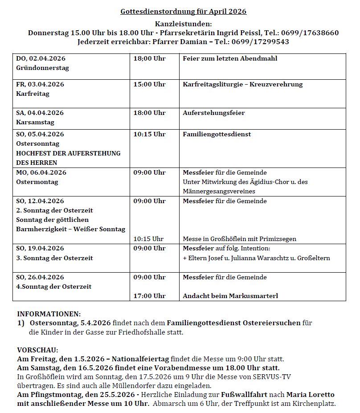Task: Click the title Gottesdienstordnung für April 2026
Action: (x=183, y=12)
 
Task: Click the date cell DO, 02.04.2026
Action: (x=41, y=59)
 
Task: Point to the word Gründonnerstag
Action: (x=42, y=68)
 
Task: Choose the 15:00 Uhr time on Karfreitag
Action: (x=149, y=84)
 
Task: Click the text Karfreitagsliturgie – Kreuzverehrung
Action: (x=242, y=84)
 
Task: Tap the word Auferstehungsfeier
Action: (x=213, y=113)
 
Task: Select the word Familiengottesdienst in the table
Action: (x=217, y=134)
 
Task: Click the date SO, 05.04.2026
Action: (x=40, y=134)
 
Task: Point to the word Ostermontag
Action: (x=37, y=182)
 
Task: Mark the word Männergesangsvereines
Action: (x=217, y=191)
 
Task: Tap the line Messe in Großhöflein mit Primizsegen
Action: (x=239, y=239)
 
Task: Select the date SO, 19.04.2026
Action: (x=40, y=249)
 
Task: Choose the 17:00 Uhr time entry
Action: (x=149, y=296)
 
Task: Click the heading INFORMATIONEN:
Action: (x=49, y=314)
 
